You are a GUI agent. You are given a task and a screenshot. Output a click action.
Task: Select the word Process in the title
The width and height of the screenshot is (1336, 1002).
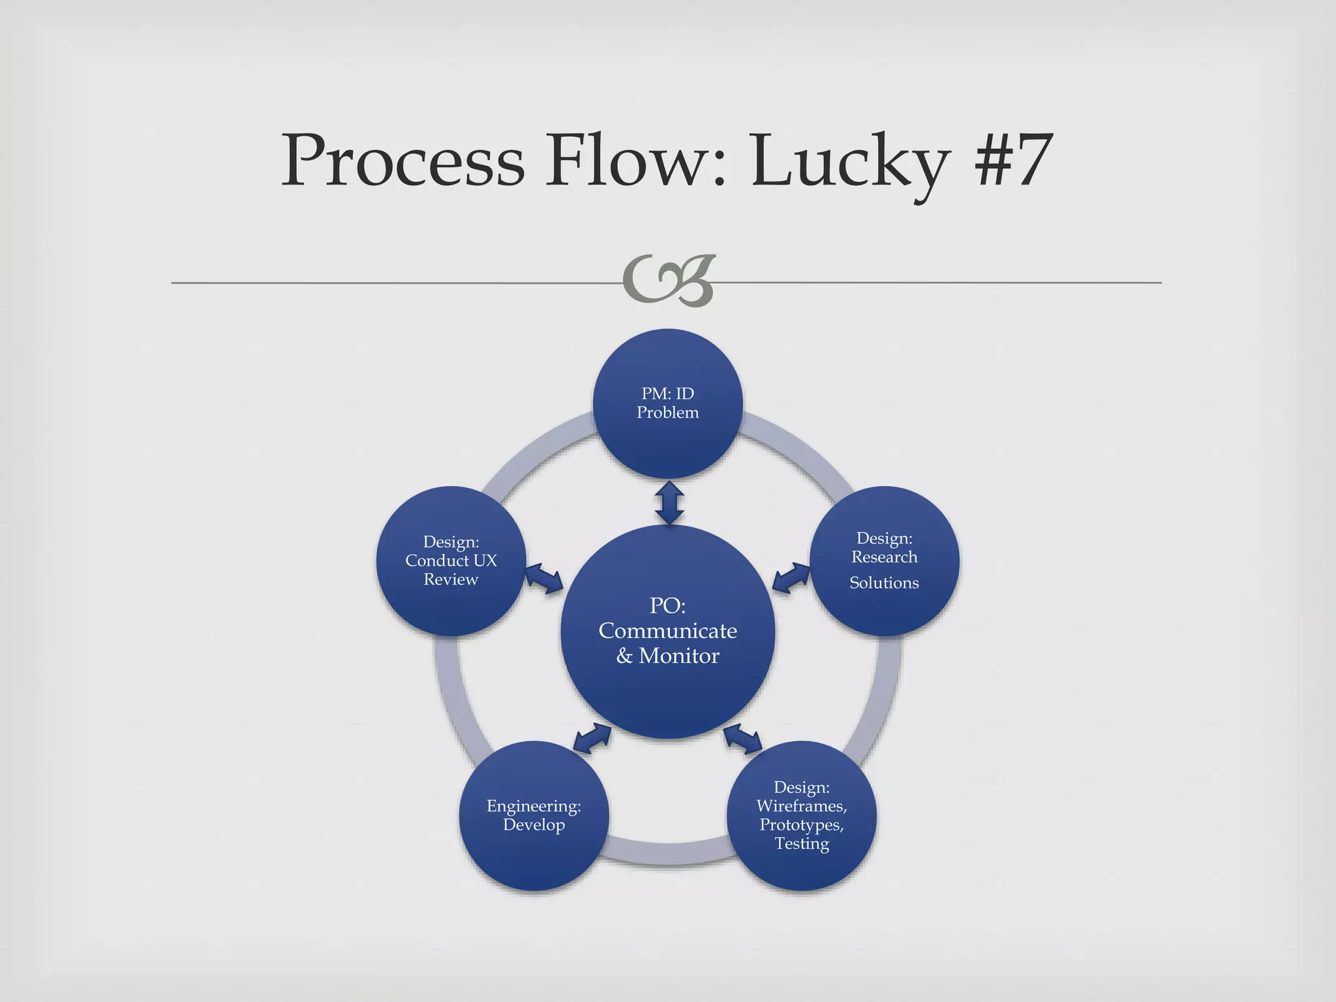402,160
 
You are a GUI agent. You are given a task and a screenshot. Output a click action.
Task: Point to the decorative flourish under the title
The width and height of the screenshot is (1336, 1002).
669,281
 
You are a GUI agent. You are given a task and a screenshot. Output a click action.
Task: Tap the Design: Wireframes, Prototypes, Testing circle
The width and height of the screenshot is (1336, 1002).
801,815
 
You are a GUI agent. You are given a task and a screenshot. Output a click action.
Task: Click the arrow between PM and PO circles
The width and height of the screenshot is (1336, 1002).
669,502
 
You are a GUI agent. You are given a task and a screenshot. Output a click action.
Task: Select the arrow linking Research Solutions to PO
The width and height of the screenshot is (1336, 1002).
791,578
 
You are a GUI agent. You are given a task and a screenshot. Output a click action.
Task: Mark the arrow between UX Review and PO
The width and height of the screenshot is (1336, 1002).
544,578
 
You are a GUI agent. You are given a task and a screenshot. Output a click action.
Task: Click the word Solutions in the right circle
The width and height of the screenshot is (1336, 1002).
884,583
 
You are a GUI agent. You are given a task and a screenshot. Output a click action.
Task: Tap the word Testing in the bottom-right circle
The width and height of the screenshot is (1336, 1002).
801,843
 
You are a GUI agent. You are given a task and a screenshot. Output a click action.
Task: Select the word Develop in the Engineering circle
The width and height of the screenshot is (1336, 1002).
534,825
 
